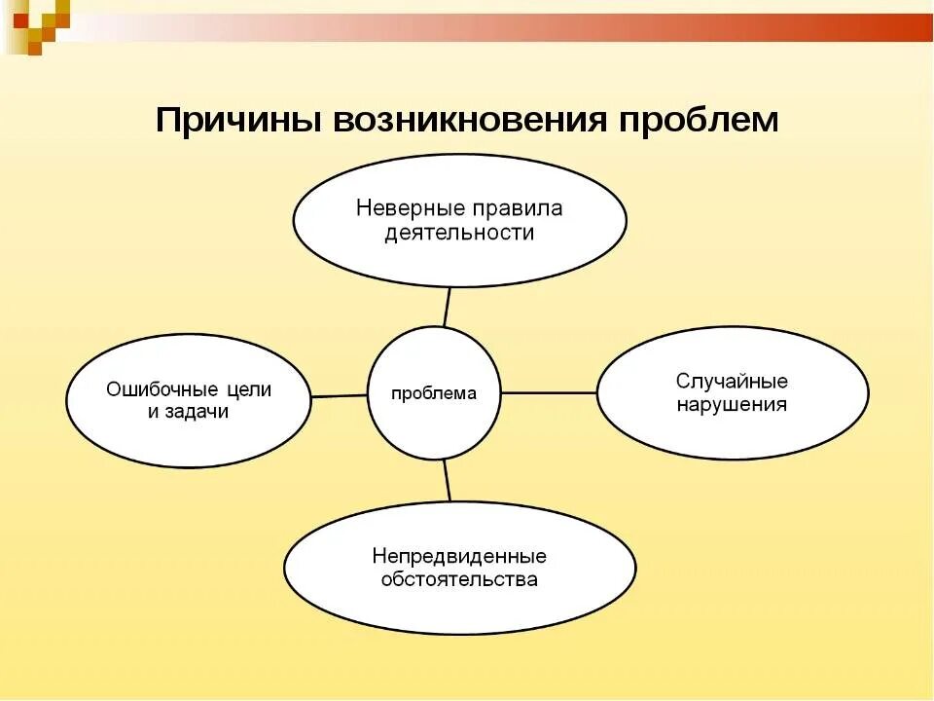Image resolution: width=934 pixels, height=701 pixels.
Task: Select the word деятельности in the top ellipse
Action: pos(459,233)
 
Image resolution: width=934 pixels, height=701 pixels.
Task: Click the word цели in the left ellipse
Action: pos(249,388)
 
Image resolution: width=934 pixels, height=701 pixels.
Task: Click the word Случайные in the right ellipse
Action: pos(732,381)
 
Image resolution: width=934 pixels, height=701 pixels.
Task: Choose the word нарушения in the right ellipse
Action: pos(732,404)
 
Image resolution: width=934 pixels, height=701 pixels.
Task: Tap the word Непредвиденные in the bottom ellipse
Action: pos(459,556)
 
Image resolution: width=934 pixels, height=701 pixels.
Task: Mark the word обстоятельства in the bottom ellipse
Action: pos(459,580)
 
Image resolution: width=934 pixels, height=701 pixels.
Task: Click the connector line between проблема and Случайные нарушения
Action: pos(549,393)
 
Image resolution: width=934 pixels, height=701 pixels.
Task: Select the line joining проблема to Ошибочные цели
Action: pos(340,396)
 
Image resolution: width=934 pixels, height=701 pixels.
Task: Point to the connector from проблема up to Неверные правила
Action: pos(447,307)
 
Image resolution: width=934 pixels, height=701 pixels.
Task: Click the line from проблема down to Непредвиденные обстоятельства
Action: pos(447,480)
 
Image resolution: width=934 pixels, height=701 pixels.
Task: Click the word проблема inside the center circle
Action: pos(434,394)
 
